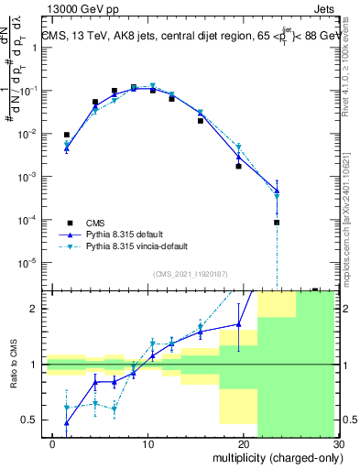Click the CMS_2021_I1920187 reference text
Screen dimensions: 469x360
pyautogui.click(x=191, y=274)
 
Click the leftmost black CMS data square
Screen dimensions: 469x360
pyautogui.click(x=67, y=135)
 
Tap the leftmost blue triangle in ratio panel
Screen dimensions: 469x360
pyautogui.click(x=67, y=423)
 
